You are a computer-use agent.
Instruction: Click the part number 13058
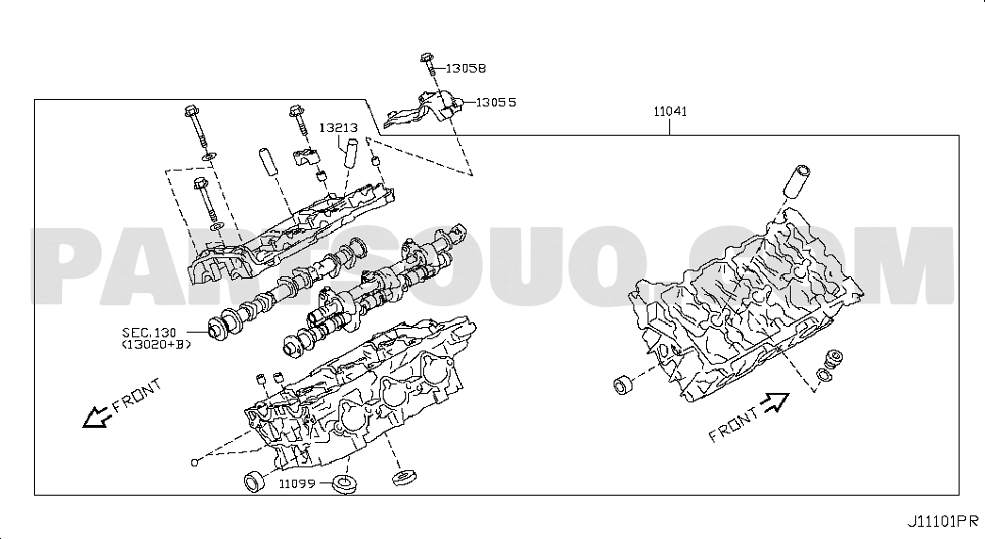466,68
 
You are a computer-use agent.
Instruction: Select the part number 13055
496,102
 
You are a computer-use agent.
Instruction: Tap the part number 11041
670,111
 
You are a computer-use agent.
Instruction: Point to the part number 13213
338,127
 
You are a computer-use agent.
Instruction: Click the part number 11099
297,483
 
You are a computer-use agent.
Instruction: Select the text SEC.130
150,333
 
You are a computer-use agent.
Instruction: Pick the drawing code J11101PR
943,521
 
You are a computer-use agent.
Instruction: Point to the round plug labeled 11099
345,484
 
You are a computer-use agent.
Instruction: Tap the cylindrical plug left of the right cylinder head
624,384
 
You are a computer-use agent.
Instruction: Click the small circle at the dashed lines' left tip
195,463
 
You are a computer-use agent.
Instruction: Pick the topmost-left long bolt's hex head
191,111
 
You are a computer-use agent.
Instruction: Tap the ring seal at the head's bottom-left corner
254,481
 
